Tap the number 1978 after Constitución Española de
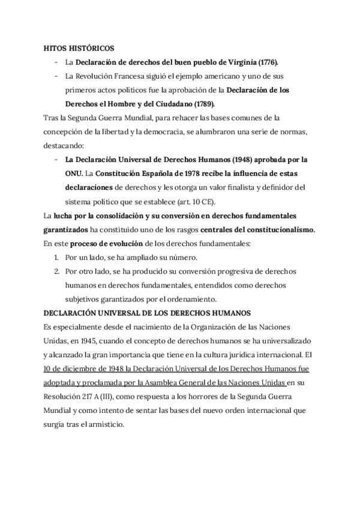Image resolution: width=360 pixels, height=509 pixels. point(181,173)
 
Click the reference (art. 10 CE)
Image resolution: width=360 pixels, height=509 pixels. point(204,201)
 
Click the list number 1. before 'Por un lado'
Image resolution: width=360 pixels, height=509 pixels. point(57,257)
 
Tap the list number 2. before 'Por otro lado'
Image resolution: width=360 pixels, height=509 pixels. point(57,271)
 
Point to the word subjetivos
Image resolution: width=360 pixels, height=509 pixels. point(84,299)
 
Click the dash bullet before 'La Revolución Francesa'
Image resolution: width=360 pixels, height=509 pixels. point(55,76)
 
